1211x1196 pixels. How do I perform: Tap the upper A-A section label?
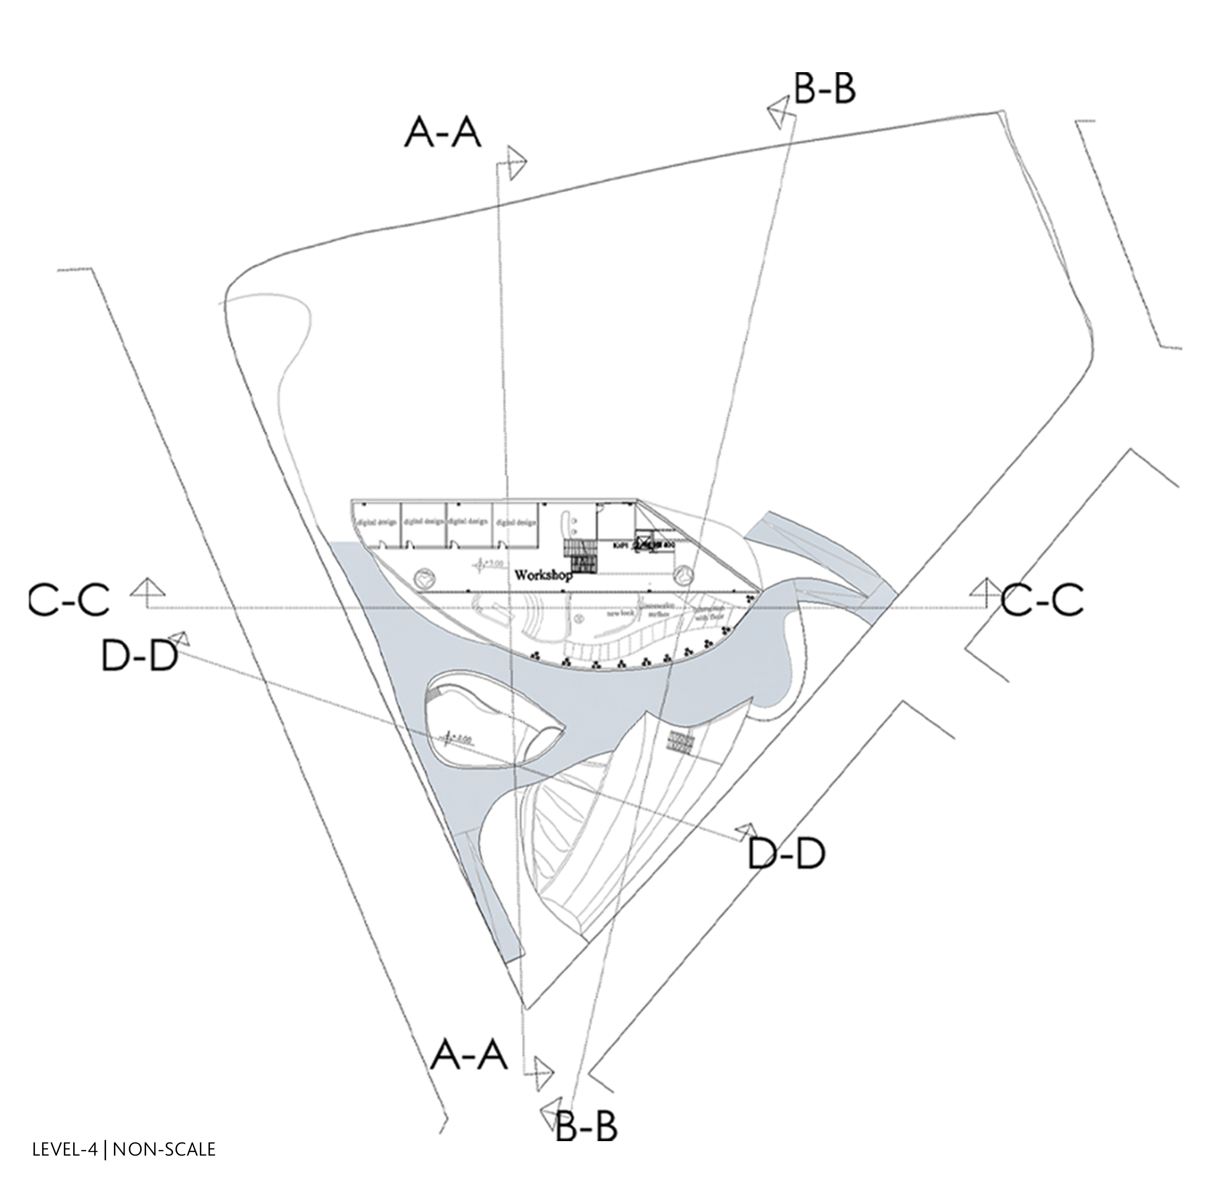pos(443,134)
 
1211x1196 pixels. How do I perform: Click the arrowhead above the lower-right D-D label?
pos(747,831)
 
